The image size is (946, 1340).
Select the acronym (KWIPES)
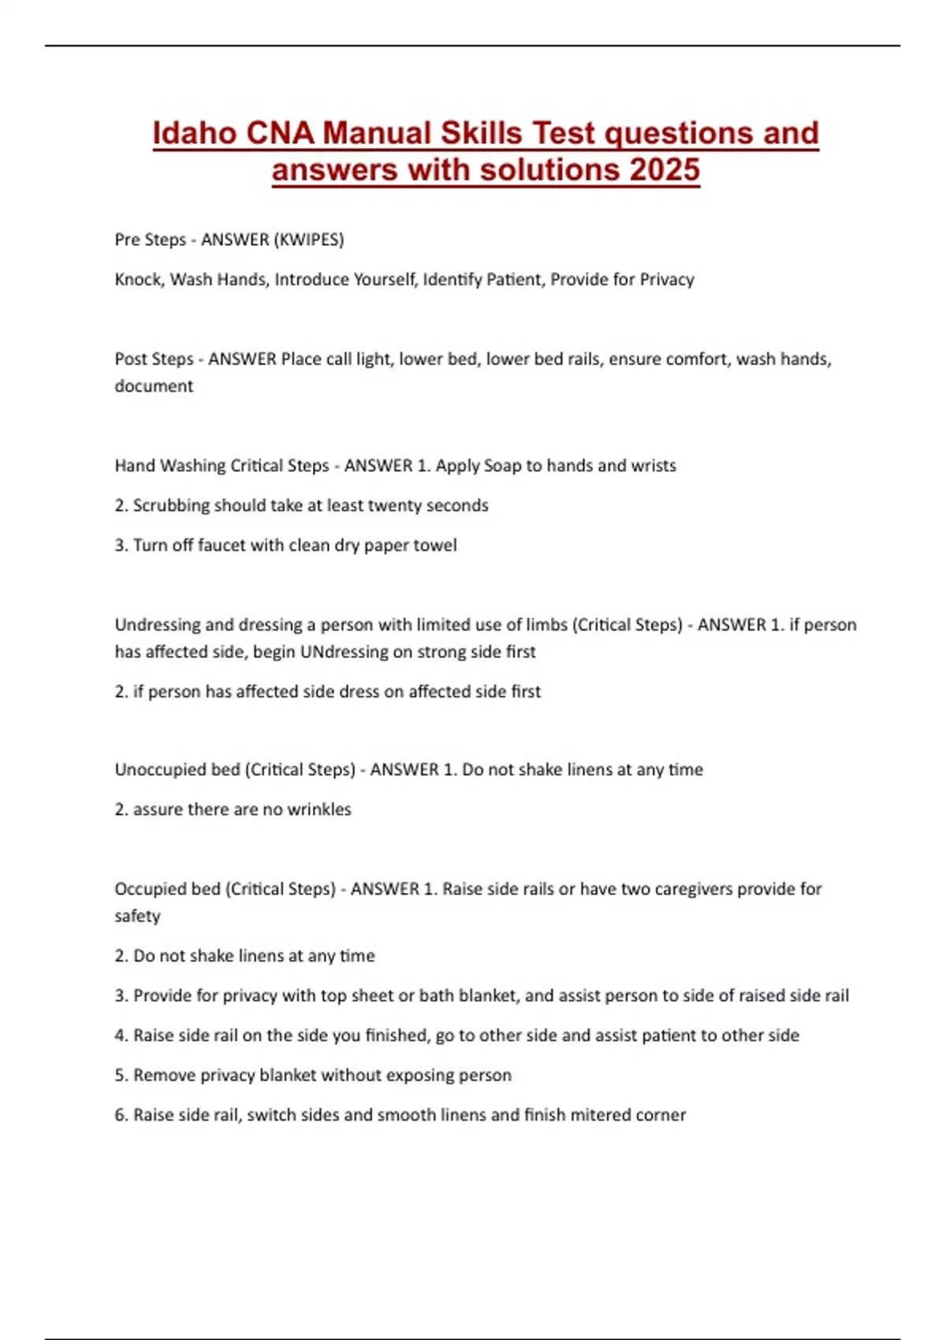(308, 240)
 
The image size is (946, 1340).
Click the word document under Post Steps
(154, 386)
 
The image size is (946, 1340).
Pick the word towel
(436, 545)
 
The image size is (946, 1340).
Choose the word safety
(137, 916)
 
